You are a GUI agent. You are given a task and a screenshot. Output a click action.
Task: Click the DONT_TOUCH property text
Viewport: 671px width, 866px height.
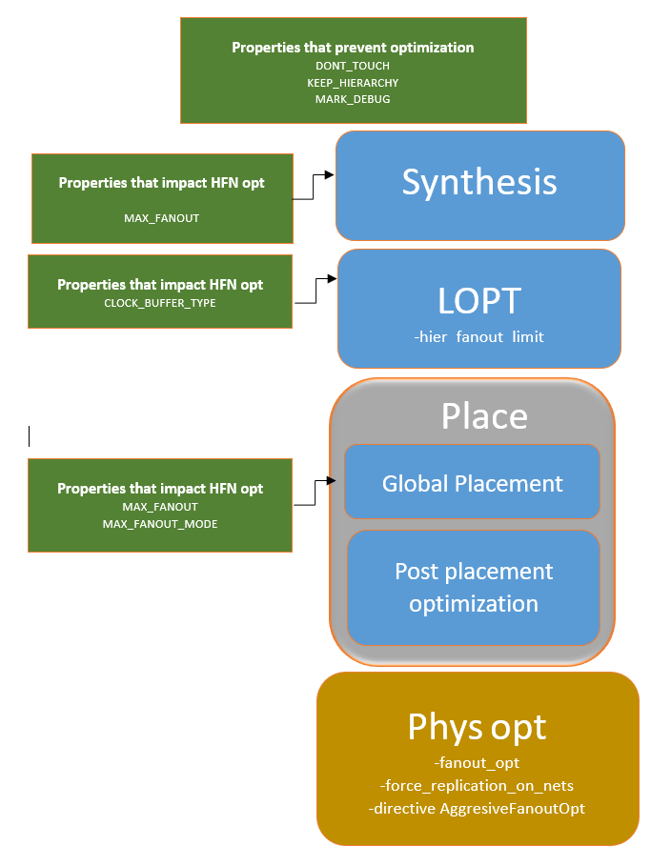tap(353, 66)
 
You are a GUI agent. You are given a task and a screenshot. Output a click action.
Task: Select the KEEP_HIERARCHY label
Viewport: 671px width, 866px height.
tap(353, 83)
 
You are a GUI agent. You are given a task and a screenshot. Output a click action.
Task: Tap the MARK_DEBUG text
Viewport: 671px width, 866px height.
tap(353, 99)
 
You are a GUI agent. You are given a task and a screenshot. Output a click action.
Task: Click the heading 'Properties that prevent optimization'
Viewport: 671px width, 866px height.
tap(353, 47)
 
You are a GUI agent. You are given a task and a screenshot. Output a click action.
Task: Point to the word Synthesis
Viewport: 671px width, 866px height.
tap(479, 182)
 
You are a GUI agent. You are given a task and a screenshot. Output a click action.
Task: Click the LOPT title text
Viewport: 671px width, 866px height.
tap(479, 301)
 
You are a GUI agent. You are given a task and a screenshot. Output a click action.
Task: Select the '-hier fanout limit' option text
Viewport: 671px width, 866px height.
tap(479, 337)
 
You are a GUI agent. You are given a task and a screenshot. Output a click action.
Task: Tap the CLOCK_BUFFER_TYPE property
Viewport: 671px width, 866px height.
tap(160, 303)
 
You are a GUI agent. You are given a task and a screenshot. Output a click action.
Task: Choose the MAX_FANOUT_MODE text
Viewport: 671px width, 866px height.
tap(160, 524)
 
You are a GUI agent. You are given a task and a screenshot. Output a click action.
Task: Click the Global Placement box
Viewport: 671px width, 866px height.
tap(473, 483)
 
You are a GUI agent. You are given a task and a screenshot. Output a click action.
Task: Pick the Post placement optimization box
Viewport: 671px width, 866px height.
tap(474, 587)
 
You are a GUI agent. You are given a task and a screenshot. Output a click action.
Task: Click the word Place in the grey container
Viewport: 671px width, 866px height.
tap(484, 416)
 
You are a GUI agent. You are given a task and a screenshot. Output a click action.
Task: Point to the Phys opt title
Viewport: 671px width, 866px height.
tap(477, 727)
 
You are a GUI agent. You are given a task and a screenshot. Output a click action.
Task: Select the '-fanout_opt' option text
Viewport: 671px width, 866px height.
tap(477, 763)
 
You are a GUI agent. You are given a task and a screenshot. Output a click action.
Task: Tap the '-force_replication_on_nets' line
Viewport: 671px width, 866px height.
tap(477, 786)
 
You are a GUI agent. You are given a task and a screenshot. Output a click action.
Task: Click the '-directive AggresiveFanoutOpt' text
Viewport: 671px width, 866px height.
tap(477, 809)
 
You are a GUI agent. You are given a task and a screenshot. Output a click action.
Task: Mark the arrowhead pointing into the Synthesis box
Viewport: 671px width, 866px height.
tap(330, 175)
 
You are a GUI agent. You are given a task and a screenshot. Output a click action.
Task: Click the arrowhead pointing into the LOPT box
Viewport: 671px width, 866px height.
tap(333, 279)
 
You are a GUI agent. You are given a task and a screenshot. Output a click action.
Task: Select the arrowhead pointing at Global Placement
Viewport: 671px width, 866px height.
tap(335, 482)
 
